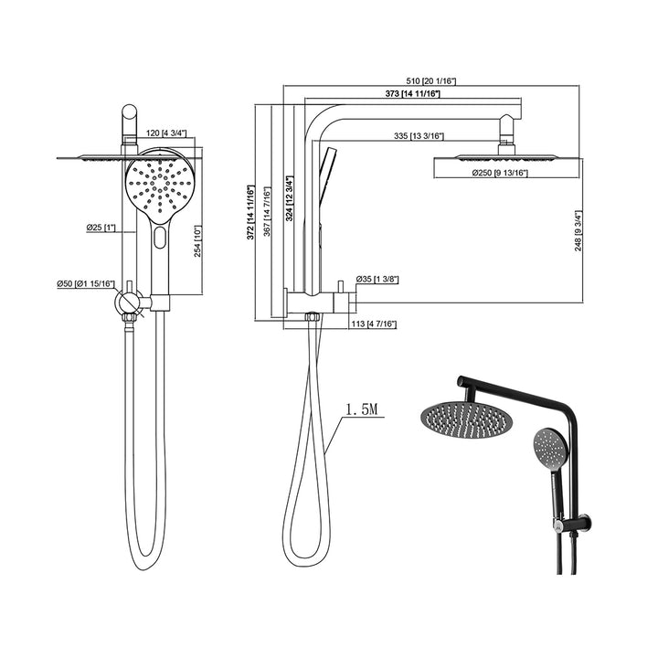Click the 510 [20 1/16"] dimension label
pos(431,81)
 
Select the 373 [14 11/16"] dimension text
pos(413,93)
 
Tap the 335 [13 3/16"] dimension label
pos(419,136)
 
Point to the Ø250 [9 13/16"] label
pos(500,173)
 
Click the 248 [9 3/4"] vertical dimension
pos(578,231)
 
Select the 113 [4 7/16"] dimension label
pos(374,324)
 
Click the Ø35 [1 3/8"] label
pos(377,279)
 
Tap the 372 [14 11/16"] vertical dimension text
pos(250,212)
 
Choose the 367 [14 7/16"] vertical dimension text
pos(267,212)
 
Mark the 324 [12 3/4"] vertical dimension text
pos(289,198)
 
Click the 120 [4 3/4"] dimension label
pos(165,133)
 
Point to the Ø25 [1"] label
pos(101,228)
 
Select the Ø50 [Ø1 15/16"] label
pos(86,284)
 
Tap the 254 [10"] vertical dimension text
pos(197,241)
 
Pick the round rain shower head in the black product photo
pos(463,420)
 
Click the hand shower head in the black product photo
pos(551,446)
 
